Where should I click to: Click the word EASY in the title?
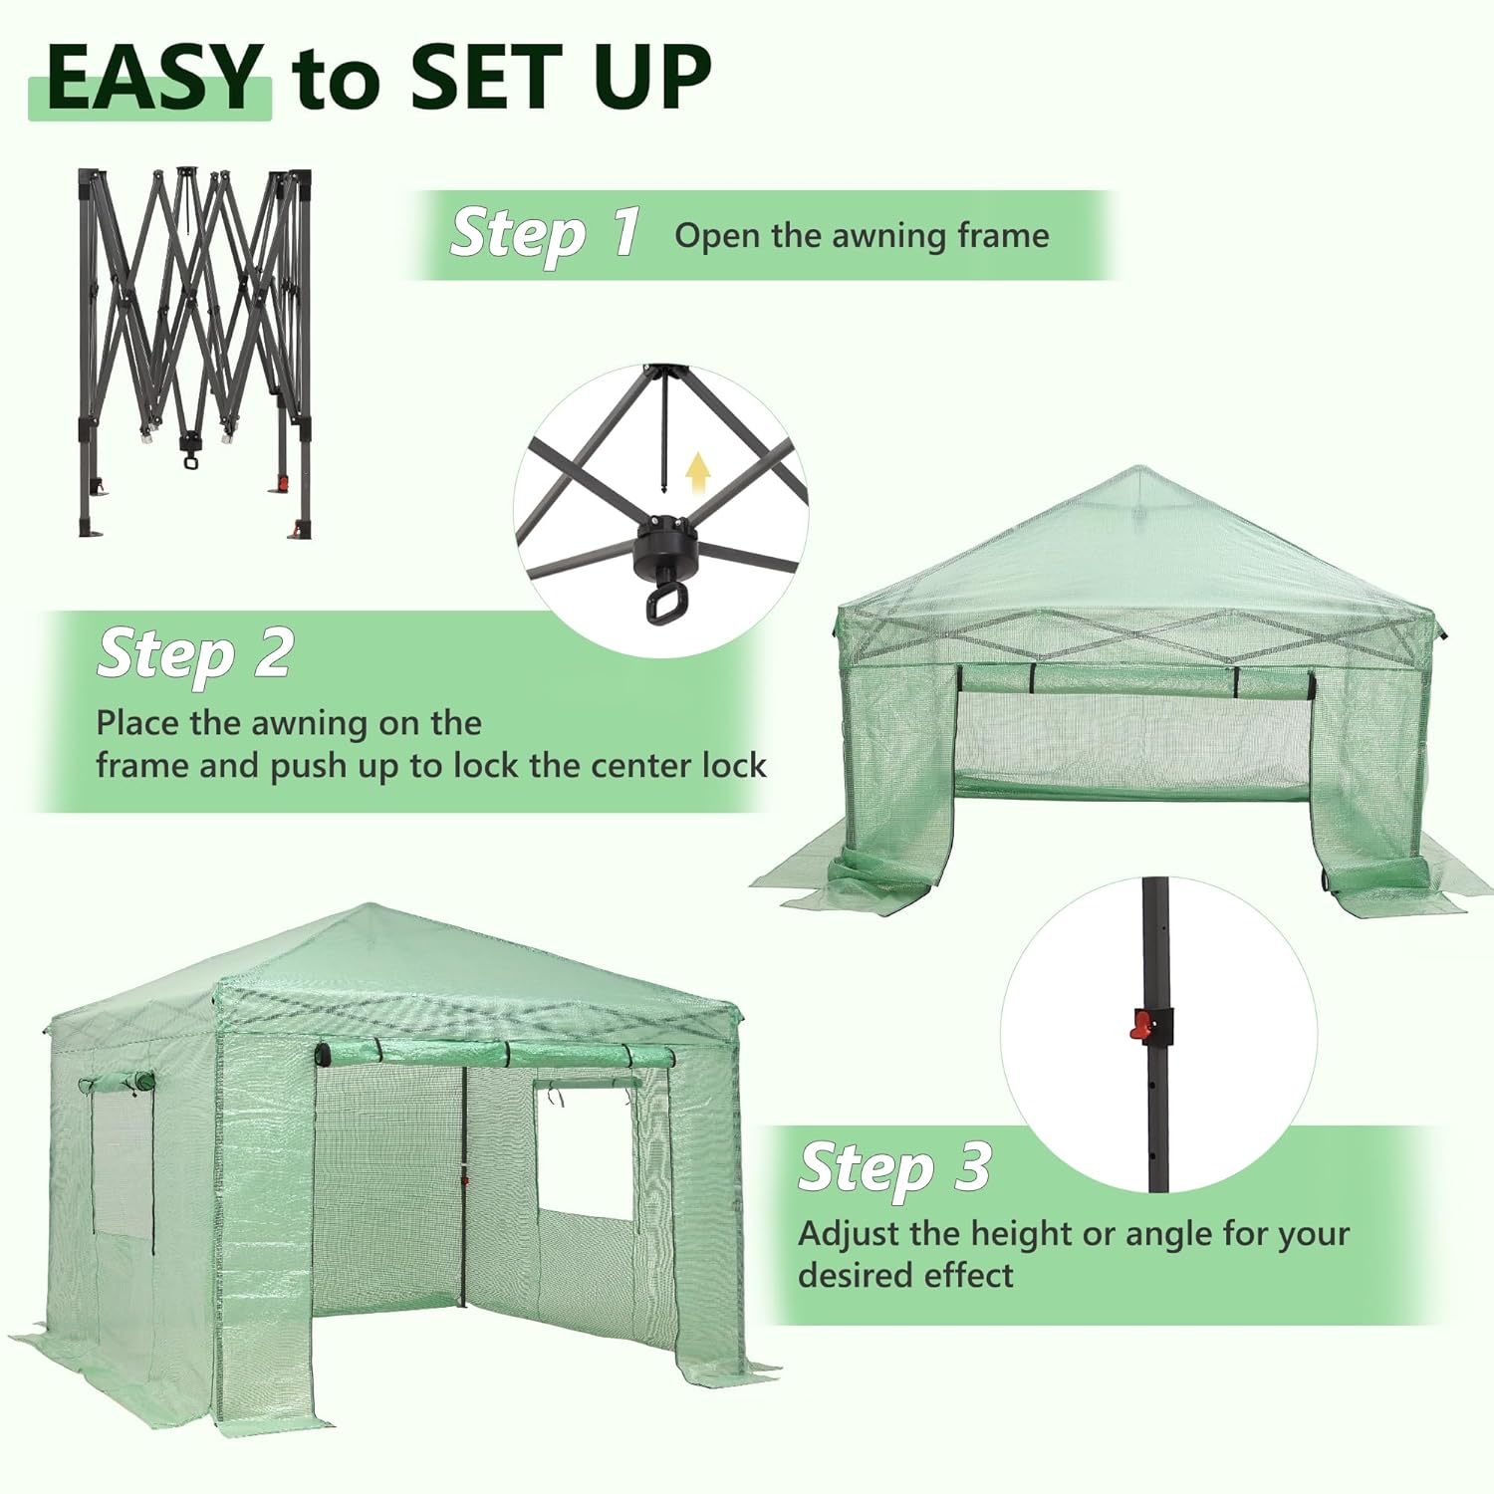[153, 78]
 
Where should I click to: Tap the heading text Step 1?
[546, 235]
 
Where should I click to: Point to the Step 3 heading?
[895, 1166]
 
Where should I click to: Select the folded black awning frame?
[194, 353]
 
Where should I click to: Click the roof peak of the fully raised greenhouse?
[373, 908]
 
